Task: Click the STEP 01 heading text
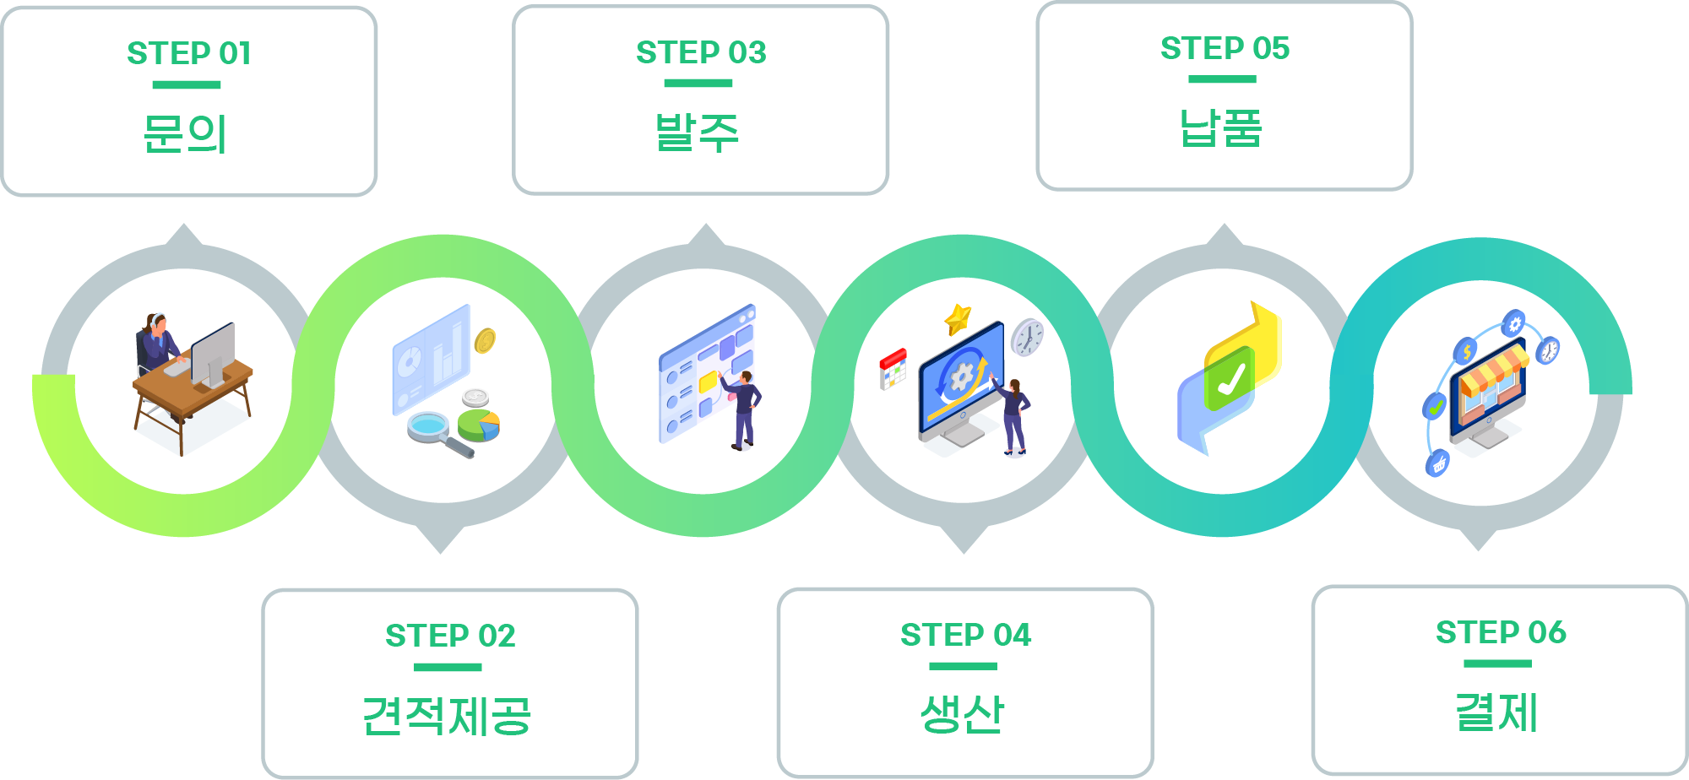click(189, 53)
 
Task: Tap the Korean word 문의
click(186, 133)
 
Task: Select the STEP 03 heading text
click(701, 52)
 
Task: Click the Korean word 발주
click(698, 133)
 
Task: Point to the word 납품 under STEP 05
click(1221, 128)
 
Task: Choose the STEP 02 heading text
click(450, 636)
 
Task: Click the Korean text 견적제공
click(447, 716)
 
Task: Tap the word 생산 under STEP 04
click(963, 714)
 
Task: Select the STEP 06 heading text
click(1501, 632)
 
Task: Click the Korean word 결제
click(1496, 712)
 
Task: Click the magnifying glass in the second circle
click(431, 427)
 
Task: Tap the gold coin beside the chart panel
click(485, 340)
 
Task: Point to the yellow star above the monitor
click(958, 319)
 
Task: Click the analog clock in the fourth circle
click(1028, 337)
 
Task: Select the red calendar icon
click(892, 368)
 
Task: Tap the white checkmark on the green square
click(1230, 379)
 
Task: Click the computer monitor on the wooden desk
click(213, 353)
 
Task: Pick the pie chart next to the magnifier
click(479, 425)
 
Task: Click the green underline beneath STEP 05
click(1222, 79)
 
